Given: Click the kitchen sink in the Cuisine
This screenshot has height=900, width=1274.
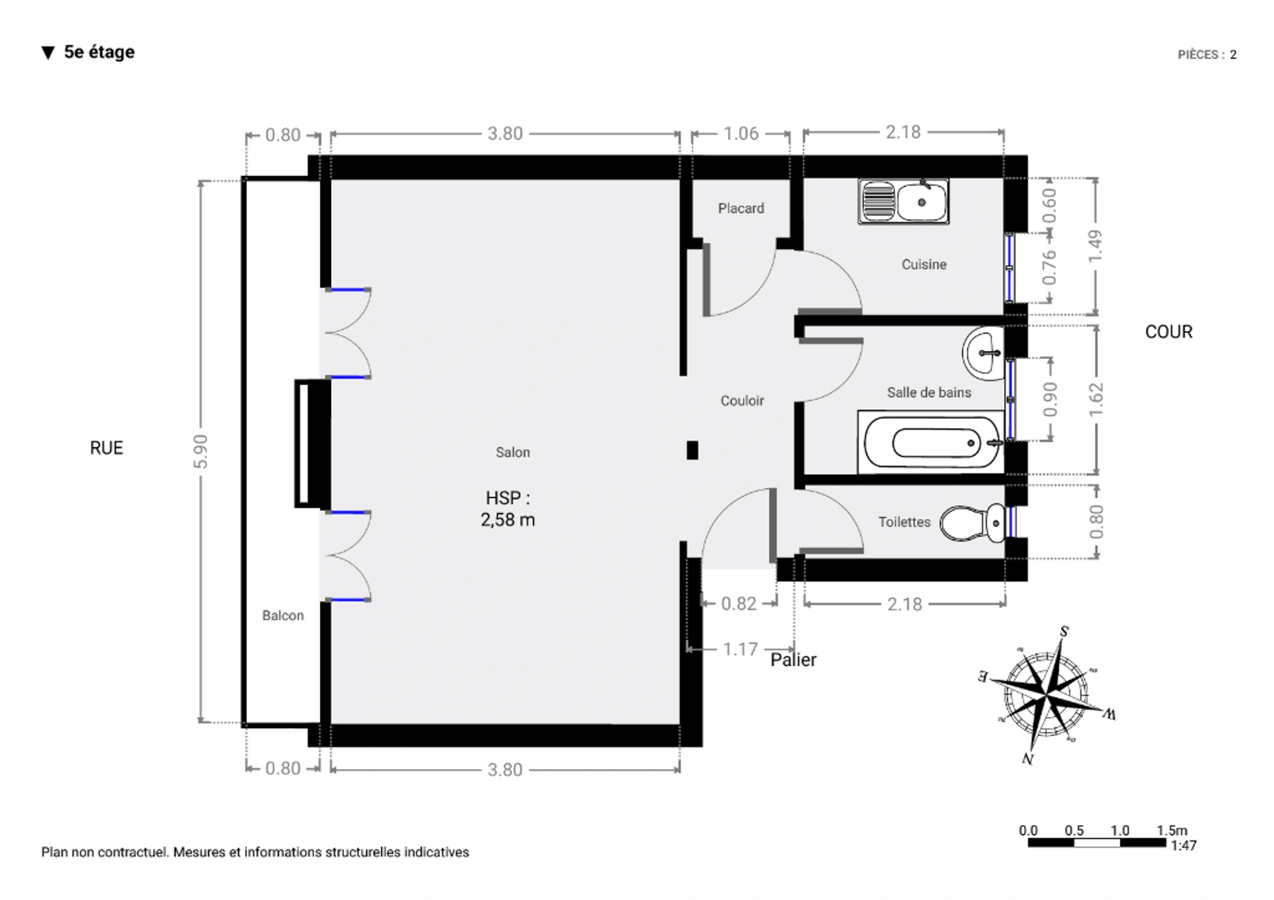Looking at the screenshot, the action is pyautogui.click(x=903, y=201).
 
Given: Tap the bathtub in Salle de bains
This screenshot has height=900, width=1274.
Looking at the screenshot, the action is pyautogui.click(x=931, y=443).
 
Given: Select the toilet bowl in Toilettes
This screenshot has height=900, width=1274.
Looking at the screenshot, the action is pyautogui.click(x=973, y=522).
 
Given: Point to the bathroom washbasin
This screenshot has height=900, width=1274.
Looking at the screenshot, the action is pyautogui.click(x=983, y=353).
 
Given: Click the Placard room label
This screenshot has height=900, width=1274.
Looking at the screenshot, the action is pyautogui.click(x=741, y=208).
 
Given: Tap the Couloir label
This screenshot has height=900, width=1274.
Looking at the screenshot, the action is pyautogui.click(x=742, y=401).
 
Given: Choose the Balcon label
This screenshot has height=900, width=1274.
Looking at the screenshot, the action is pyautogui.click(x=283, y=615).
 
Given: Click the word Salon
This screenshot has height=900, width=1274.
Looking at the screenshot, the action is pyautogui.click(x=513, y=452).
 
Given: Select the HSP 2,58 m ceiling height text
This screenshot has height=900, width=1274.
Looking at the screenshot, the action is pyautogui.click(x=508, y=508).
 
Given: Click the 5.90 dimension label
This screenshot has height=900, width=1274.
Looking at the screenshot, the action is pyautogui.click(x=200, y=451).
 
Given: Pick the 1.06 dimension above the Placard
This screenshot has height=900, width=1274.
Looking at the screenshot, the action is pyautogui.click(x=741, y=134).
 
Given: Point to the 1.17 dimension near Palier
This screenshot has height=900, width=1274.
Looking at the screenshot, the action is pyautogui.click(x=740, y=649).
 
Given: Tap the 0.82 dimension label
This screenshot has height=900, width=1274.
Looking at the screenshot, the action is pyautogui.click(x=739, y=603).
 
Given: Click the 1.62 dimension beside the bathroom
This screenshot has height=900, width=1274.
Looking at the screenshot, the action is pyautogui.click(x=1096, y=400).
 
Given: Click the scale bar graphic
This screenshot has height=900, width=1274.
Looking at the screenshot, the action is pyautogui.click(x=1097, y=843).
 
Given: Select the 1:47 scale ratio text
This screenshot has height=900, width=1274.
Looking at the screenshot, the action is pyautogui.click(x=1184, y=846).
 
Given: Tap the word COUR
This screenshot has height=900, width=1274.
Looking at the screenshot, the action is pyautogui.click(x=1168, y=332).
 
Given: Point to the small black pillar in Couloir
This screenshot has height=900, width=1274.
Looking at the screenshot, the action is pyautogui.click(x=692, y=451).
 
